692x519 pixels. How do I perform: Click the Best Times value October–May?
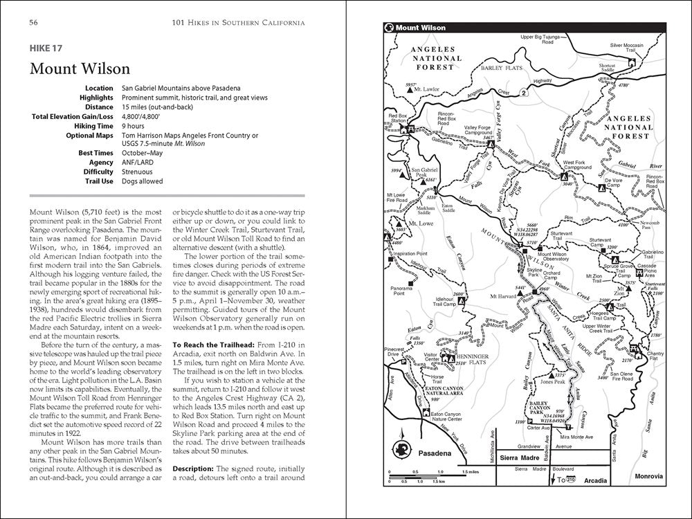[x=147, y=152]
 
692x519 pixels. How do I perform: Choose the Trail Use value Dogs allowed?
[x=143, y=181]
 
